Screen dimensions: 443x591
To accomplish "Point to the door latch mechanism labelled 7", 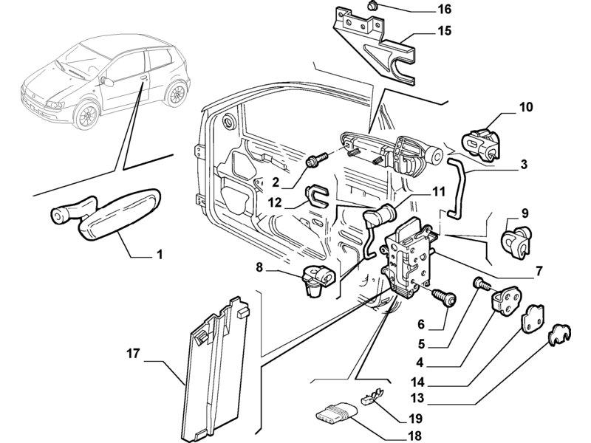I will point(409,258).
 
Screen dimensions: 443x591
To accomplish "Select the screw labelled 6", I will point(445,299).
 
